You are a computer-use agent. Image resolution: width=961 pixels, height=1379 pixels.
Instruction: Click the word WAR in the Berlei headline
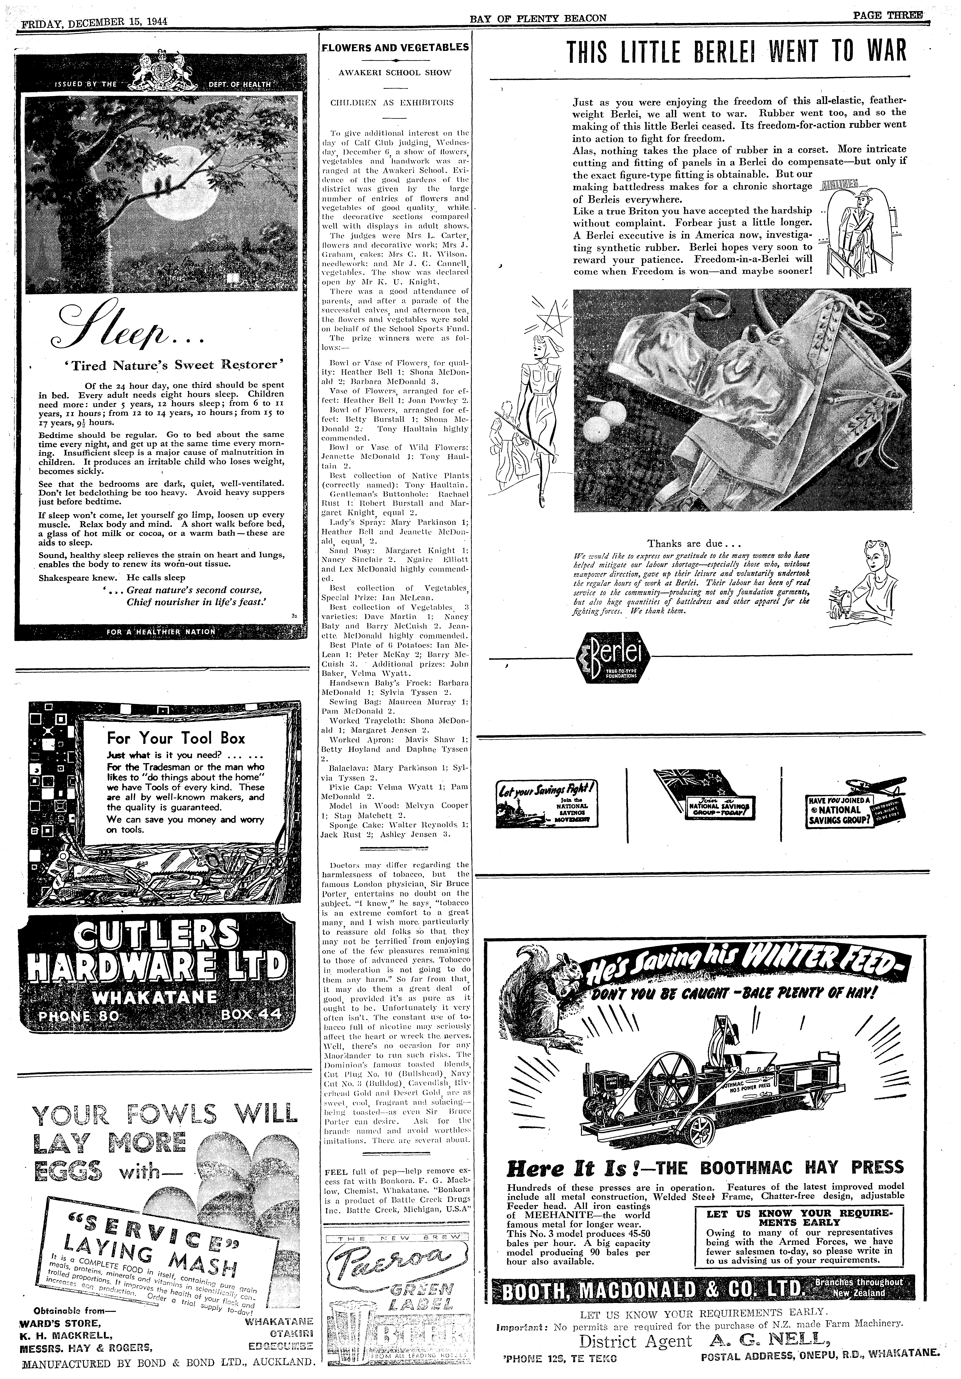click(883, 52)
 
